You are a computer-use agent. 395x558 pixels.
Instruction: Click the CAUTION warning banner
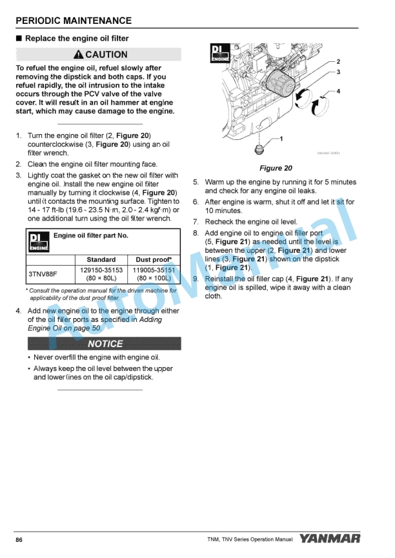coord(101,55)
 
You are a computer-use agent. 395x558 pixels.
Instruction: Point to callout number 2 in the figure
coord(338,61)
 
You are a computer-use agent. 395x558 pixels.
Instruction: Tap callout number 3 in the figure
coord(338,72)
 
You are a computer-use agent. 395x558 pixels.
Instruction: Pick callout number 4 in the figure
coord(338,92)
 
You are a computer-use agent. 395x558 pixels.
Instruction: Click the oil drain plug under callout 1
coord(259,150)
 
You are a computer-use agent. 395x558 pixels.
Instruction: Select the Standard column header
coord(101,260)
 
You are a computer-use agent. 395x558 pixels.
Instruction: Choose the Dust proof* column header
coord(154,260)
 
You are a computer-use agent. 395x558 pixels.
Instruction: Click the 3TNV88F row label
coord(43,274)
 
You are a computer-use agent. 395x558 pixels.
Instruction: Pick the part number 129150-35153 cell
coord(101,270)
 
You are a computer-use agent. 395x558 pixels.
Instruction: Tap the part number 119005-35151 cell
coord(154,270)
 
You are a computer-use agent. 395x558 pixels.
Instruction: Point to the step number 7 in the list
coord(196,222)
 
